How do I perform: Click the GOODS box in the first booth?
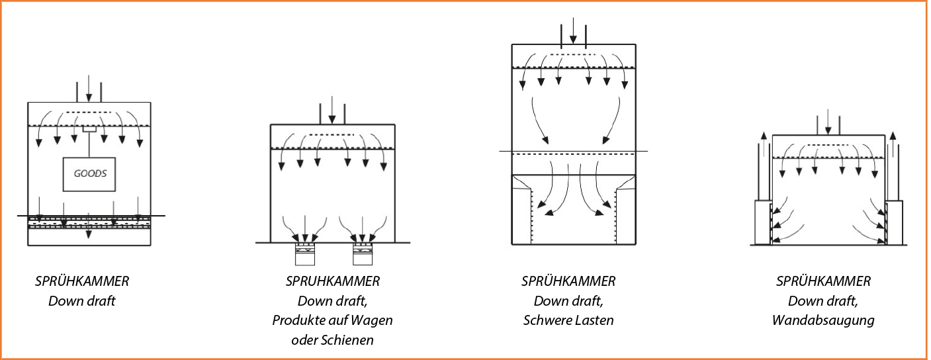click(x=89, y=175)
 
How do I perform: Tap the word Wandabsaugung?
click(x=823, y=321)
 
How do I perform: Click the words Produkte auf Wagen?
click(x=332, y=321)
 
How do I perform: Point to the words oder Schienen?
click(x=332, y=340)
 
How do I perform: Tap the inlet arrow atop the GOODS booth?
click(x=89, y=89)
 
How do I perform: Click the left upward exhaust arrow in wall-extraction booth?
click(x=764, y=146)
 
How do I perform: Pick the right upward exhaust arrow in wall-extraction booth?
click(x=893, y=146)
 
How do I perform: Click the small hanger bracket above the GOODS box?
click(x=89, y=129)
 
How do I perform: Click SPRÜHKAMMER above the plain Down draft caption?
click(x=82, y=281)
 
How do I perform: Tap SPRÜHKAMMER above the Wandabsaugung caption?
click(x=823, y=281)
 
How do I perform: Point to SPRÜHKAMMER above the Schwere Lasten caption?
click(x=568, y=281)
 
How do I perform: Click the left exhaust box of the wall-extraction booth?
click(x=762, y=222)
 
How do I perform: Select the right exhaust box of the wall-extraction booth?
click(x=894, y=222)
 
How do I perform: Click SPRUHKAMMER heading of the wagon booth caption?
click(x=332, y=281)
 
